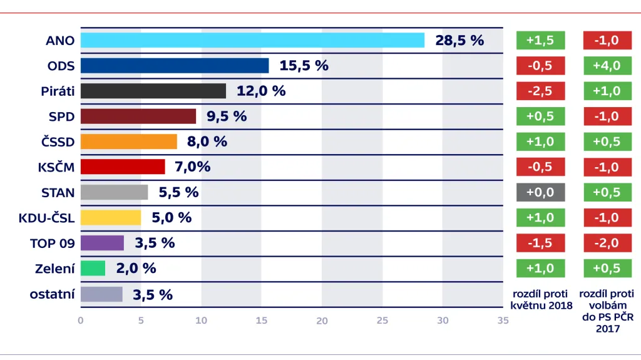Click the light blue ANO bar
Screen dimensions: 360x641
[x=252, y=41]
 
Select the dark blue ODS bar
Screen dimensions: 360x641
[x=175, y=66]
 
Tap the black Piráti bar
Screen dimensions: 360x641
[x=153, y=91]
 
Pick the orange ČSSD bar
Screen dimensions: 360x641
[x=129, y=141]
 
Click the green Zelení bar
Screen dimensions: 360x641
[x=93, y=269]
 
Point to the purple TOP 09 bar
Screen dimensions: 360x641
[x=102, y=243]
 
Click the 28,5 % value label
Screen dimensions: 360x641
[x=459, y=41]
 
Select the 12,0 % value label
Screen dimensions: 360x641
[x=261, y=91]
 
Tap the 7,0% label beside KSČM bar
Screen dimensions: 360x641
[x=193, y=167]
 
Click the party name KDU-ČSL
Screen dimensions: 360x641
[x=47, y=218]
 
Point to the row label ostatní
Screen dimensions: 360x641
[x=52, y=294]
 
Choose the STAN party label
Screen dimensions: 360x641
[x=58, y=192]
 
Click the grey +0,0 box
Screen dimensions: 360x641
[x=540, y=192]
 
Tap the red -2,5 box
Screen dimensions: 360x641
[x=540, y=91]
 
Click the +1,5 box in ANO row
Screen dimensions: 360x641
[x=540, y=41]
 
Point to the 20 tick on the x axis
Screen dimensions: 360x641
[x=322, y=321]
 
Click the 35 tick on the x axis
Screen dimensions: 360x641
[x=503, y=321]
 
